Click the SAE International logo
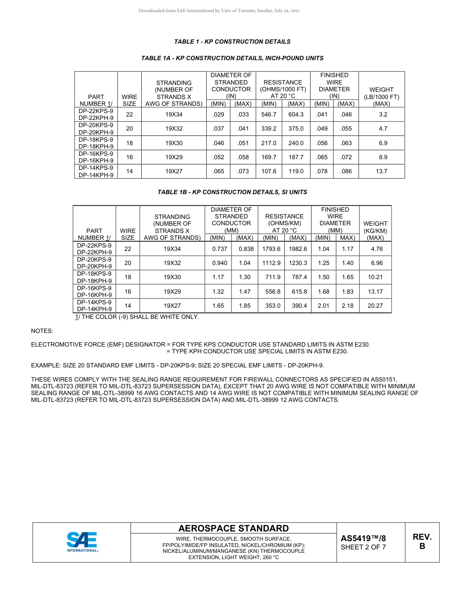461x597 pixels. coord(82,542)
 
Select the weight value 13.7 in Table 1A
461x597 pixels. coord(381,171)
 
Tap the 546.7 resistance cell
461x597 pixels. coord(268,115)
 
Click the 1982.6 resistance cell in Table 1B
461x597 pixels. coord(298,249)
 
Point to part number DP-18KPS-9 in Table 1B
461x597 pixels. coord(94,274)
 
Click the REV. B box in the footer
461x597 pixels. coord(422,542)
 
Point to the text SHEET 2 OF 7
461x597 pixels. coord(363,547)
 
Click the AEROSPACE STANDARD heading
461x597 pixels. coord(233,529)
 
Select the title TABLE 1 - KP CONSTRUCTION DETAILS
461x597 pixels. coord(232,42)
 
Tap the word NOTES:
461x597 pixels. coord(42,331)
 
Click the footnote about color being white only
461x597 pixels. coord(137,317)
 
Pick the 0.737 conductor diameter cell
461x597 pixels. coord(219,249)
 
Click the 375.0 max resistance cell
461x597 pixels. coord(296,129)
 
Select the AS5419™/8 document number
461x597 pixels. coord(363,538)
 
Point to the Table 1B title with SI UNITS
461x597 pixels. coord(232,192)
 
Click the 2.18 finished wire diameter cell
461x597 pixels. coord(347,306)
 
